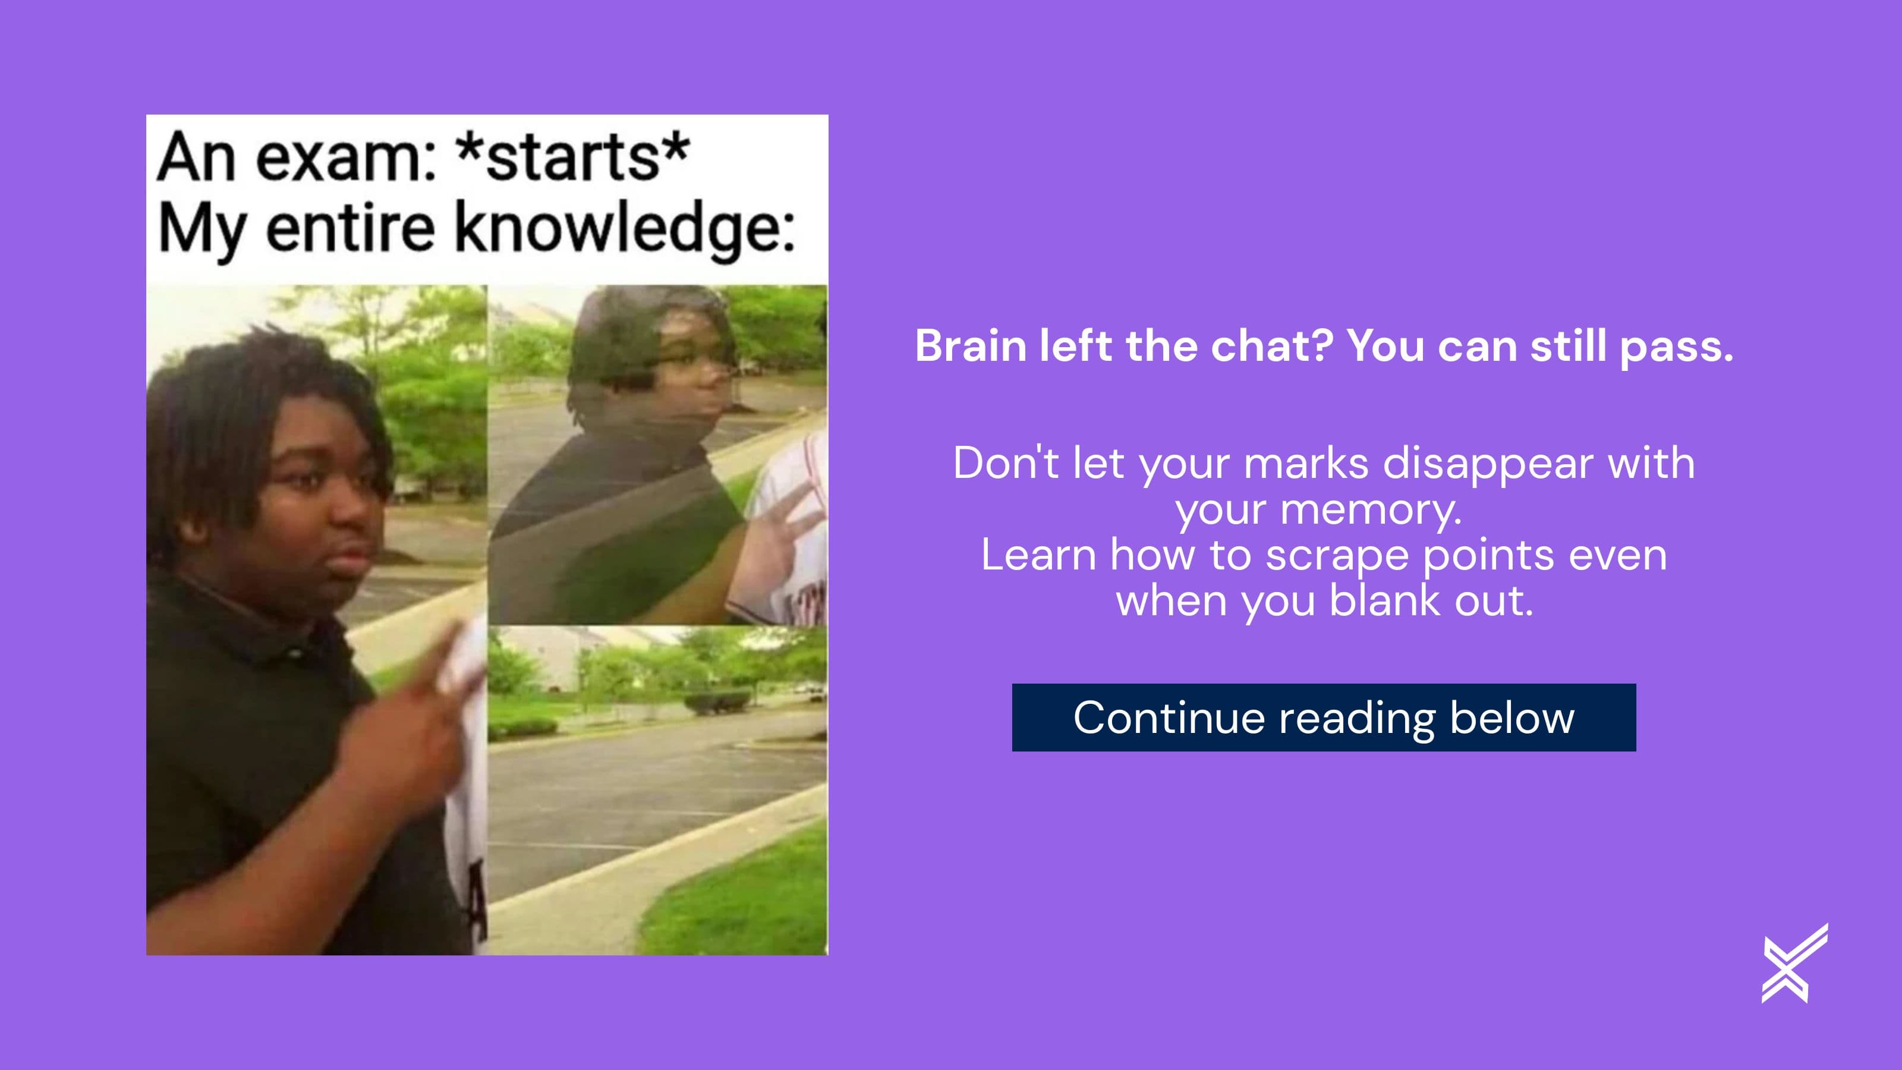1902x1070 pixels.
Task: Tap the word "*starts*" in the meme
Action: tap(574, 158)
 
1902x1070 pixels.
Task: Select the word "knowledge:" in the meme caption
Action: tap(625, 229)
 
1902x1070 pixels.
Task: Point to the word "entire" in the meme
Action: tap(350, 229)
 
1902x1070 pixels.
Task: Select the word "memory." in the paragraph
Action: tap(1371, 509)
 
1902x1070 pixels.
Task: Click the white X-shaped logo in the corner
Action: tap(1794, 964)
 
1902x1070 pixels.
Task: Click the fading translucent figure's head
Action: tap(657, 347)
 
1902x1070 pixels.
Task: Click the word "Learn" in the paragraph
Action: tap(1038, 555)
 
